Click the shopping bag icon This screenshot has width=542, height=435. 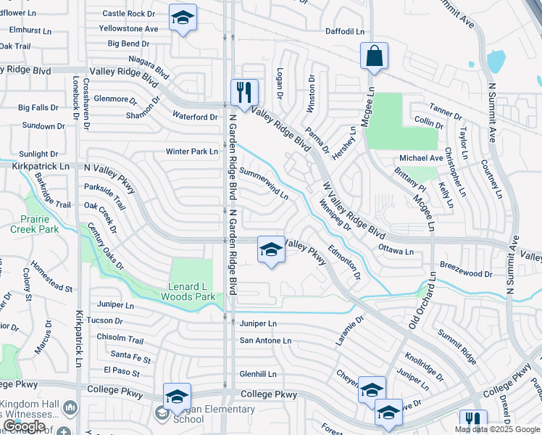pos(374,57)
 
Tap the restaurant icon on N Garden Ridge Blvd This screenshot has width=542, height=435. pos(244,92)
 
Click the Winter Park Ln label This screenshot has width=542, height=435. pos(192,152)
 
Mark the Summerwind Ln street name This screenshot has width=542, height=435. pos(264,185)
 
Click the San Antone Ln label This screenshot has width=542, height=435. pos(265,340)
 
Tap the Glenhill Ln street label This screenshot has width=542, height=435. pos(258,374)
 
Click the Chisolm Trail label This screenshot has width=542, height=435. pos(120,339)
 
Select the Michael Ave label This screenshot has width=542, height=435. pos(421,158)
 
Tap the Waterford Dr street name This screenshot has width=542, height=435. pos(195,117)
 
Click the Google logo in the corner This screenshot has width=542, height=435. pos(24,426)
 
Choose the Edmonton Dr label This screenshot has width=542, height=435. pos(344,262)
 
